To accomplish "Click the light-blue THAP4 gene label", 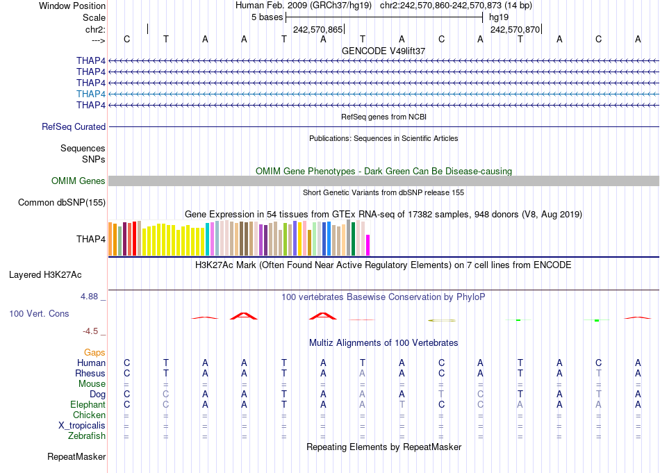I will tap(91, 94).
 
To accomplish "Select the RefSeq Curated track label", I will tap(74, 127).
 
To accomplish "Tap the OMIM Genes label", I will tap(79, 181).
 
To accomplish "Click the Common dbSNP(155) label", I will tap(62, 203).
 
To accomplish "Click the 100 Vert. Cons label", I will tap(39, 314).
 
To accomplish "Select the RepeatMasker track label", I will tap(76, 457).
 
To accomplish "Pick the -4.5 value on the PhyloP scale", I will tap(92, 331).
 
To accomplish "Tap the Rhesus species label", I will tap(90, 374).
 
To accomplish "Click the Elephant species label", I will tap(88, 405).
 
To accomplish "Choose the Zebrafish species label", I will tap(88, 436).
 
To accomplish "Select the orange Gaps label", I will tap(94, 353).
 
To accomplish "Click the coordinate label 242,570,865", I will tap(317, 30).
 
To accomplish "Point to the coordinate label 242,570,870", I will tap(515, 30).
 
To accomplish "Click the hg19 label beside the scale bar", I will tap(499, 17).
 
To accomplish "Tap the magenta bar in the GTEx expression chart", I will tap(368, 245).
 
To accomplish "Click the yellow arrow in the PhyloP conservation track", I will tap(442, 320).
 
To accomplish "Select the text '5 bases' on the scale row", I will tap(267, 17).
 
